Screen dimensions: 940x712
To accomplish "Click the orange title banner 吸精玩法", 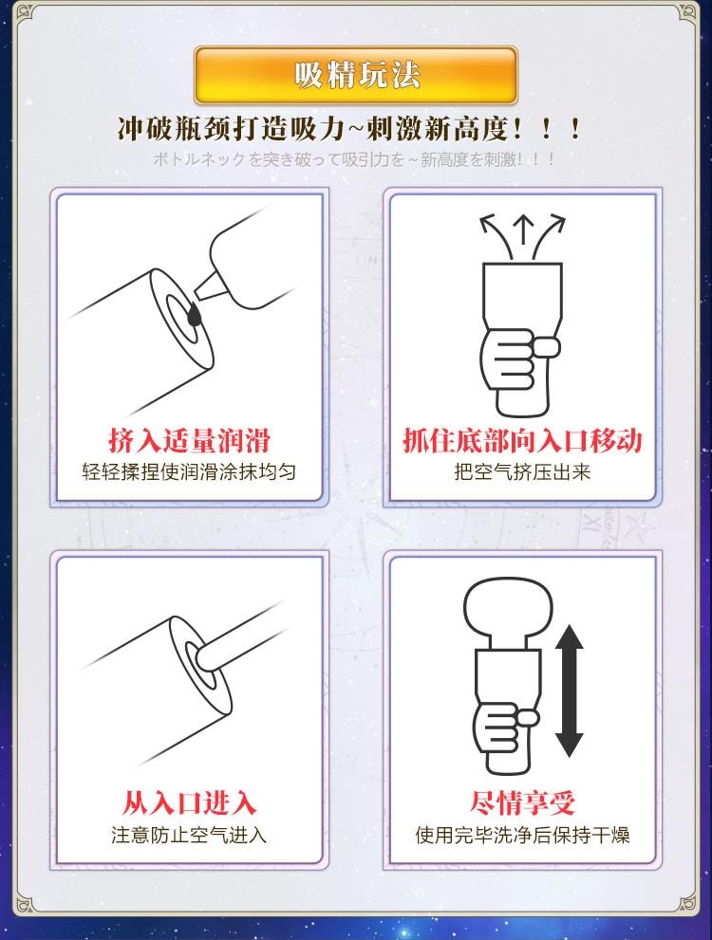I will [x=356, y=75].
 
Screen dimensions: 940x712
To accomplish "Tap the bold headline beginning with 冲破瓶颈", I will [x=350, y=129].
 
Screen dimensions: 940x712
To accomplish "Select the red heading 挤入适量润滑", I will [x=190, y=441].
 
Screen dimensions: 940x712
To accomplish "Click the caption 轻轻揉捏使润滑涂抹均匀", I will [x=190, y=471].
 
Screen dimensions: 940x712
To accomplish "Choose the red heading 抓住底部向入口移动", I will [x=522, y=441].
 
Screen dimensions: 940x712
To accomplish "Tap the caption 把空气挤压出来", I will [x=522, y=471].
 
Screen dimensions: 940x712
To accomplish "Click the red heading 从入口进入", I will [x=190, y=802].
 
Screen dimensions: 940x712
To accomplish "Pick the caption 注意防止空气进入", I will [x=190, y=835].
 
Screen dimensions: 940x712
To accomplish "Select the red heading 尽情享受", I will [x=522, y=802].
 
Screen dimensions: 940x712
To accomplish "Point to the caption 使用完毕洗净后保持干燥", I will [x=522, y=835].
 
